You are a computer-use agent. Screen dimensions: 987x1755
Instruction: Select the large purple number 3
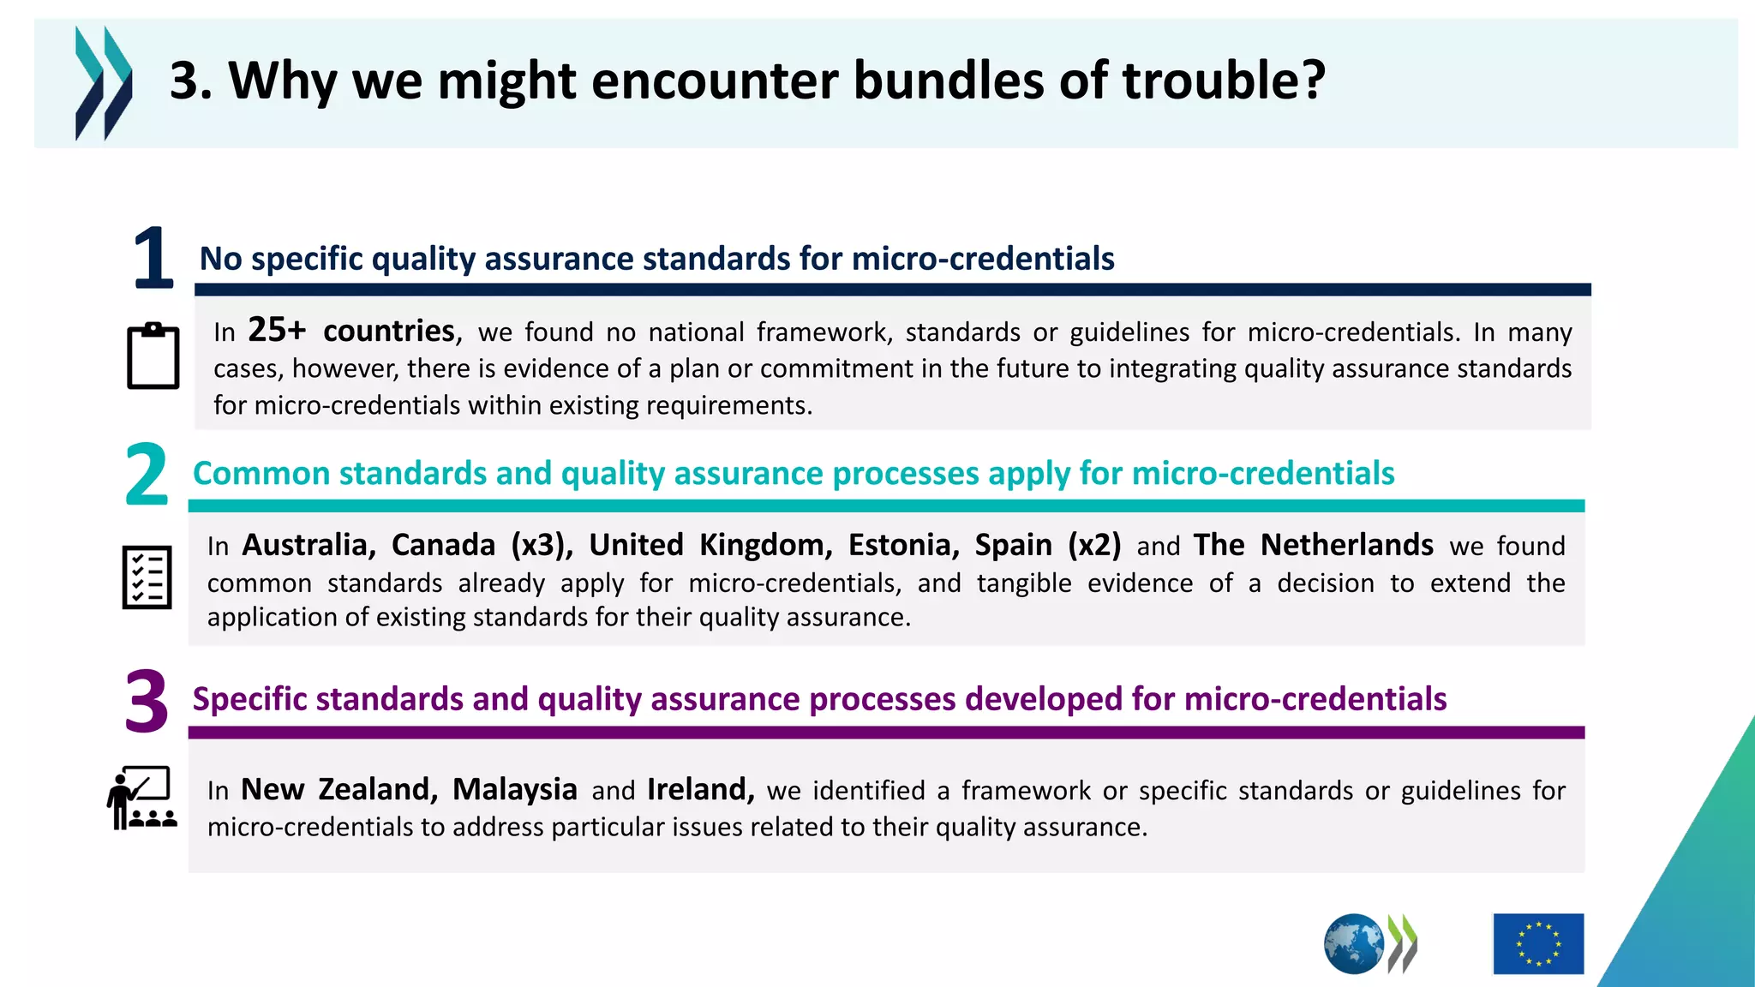coord(147,702)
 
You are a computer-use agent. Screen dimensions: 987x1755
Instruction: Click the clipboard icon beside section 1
coord(153,356)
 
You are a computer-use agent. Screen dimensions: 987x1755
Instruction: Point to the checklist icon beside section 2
coord(147,577)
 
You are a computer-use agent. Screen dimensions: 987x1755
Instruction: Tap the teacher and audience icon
coord(142,798)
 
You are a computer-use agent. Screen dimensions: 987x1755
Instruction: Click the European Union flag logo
coord(1538,943)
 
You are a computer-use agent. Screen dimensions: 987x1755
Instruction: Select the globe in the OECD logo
coord(1354,944)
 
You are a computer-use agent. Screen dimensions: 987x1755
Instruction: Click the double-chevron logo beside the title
coord(104,83)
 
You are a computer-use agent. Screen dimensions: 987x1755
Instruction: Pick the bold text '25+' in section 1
coord(277,330)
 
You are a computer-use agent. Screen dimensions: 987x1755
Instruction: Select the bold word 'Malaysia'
coord(514,789)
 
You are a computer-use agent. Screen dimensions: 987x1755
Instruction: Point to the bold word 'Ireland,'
coord(700,789)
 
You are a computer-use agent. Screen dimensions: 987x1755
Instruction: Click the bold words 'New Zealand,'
coord(339,789)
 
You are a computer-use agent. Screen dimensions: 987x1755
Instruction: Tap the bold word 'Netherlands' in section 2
coord(1346,545)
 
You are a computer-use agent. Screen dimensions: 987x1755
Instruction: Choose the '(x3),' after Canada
coord(542,545)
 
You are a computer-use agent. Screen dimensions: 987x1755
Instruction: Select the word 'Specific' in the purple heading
coord(249,699)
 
